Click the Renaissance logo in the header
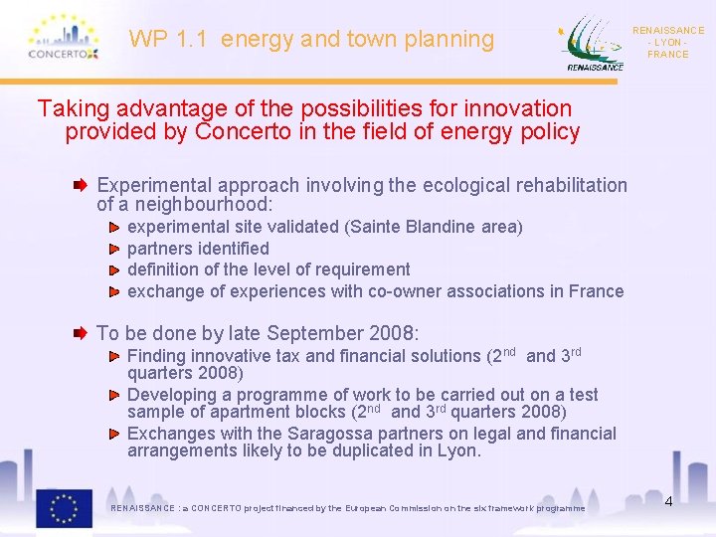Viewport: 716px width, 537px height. [x=593, y=44]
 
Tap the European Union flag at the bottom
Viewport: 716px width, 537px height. [x=64, y=507]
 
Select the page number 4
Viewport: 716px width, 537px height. [x=668, y=501]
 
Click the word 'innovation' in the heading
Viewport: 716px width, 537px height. [x=516, y=108]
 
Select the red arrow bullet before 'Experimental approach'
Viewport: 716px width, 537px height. [x=88, y=186]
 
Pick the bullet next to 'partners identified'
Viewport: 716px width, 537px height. [x=115, y=249]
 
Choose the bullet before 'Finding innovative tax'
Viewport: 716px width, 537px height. [x=115, y=356]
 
